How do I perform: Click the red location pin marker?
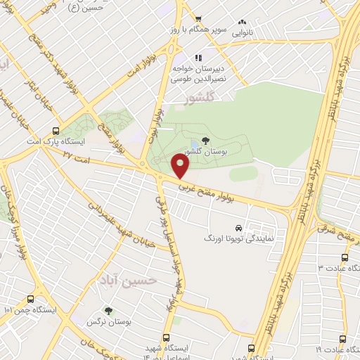coord(181,167)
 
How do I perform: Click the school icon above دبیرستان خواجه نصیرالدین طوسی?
coord(200,58)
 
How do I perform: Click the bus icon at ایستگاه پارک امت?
coord(56,130)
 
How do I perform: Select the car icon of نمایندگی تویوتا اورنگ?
coord(240,229)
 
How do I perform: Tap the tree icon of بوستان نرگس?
coord(108,309)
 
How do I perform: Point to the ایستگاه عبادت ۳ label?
coord(337,268)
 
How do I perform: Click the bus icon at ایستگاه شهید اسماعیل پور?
coord(167,337)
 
